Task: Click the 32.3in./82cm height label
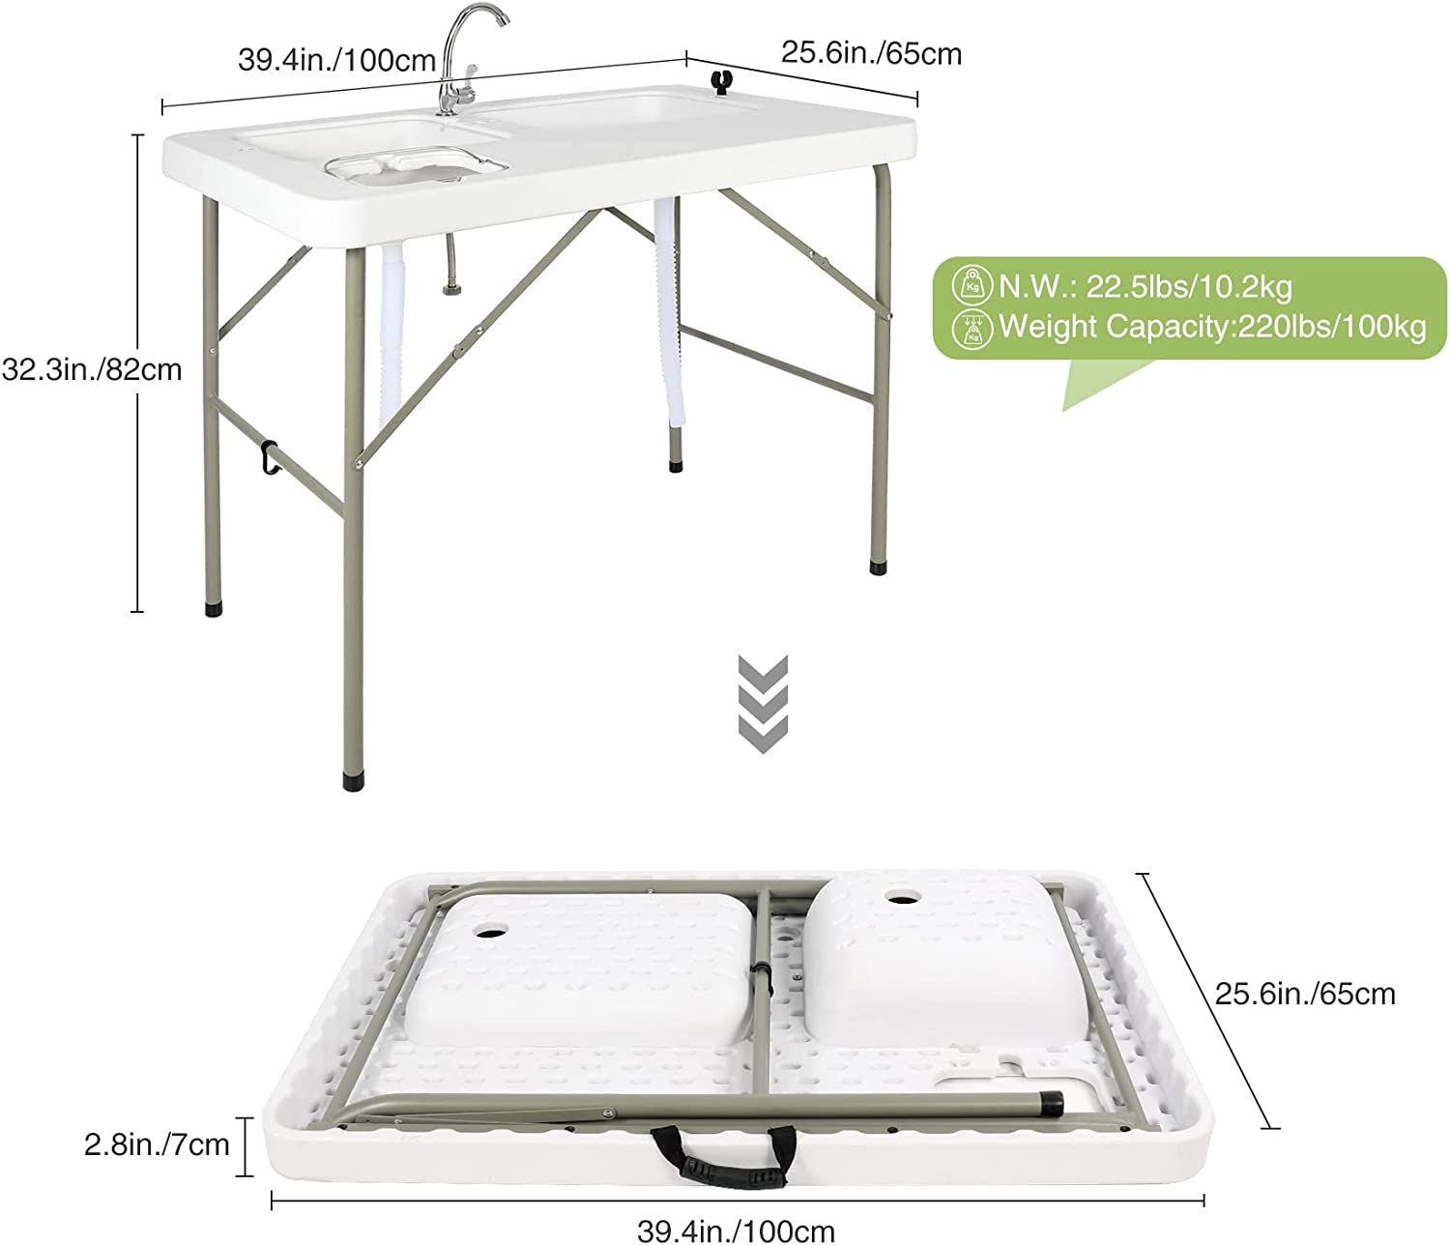[92, 369]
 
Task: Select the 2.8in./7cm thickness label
[158, 1144]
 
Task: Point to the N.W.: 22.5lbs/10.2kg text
[1145, 287]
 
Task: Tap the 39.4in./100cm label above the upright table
[336, 60]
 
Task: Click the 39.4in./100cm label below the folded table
[736, 1231]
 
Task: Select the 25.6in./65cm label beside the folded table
[1306, 995]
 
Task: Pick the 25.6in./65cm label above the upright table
[872, 54]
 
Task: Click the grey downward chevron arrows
[764, 704]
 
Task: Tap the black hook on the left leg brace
[267, 456]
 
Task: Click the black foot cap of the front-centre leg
[353, 781]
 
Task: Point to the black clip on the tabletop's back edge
[722, 81]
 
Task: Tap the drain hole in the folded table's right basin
[905, 896]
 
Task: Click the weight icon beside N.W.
[972, 285]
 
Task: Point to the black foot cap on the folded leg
[1052, 1101]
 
